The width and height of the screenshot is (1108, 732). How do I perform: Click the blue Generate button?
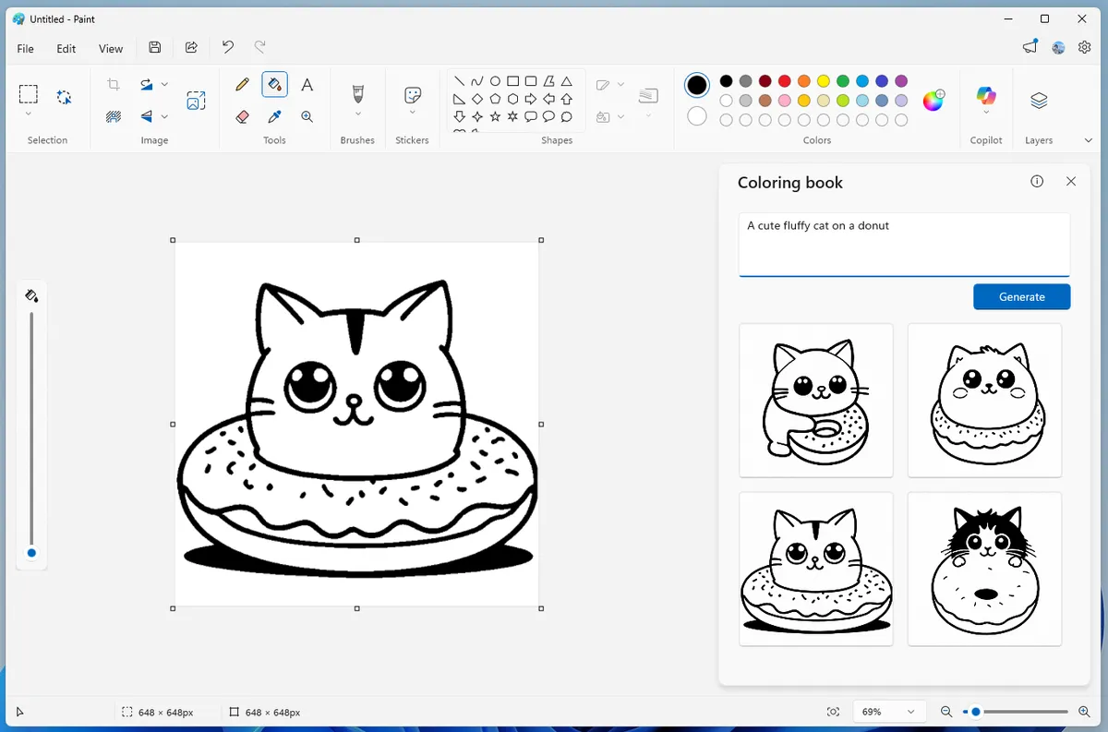pos(1021,296)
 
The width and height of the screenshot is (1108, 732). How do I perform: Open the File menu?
pos(26,49)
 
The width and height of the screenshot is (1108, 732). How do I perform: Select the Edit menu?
pos(66,49)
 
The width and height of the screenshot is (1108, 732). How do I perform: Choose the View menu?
pos(111,49)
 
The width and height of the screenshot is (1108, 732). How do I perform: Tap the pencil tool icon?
pos(243,85)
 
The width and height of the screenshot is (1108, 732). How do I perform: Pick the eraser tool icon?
pos(243,117)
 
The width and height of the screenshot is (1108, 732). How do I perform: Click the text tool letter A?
pos(307,85)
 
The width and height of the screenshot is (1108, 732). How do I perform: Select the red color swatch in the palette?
pos(785,81)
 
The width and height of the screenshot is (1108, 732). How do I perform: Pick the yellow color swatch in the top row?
pos(824,81)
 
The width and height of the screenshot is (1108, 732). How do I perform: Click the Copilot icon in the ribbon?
pos(986,96)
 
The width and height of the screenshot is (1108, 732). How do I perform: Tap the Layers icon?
pos(1039,101)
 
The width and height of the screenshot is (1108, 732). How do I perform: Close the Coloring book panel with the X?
pos(1071,182)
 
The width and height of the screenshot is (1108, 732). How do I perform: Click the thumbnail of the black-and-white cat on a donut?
pos(984,569)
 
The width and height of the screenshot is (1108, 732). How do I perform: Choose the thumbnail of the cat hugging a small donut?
pos(816,400)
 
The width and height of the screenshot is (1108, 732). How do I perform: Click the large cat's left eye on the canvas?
pos(309,385)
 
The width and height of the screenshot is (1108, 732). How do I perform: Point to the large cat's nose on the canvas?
pos(353,402)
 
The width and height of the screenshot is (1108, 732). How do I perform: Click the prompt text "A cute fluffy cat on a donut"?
pos(818,226)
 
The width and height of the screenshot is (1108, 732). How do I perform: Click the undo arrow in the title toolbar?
pos(228,47)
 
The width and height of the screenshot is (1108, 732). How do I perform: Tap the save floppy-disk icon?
pos(155,48)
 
